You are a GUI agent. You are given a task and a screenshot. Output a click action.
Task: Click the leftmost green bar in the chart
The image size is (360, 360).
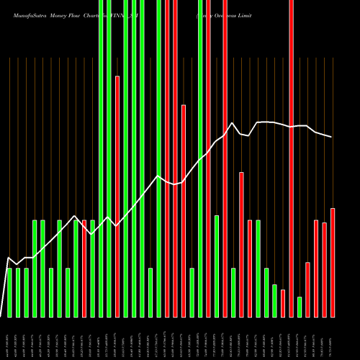[10, 292]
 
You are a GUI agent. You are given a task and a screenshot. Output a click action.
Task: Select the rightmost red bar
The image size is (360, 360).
[333, 262]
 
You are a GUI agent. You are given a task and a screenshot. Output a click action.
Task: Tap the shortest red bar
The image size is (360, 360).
[283, 302]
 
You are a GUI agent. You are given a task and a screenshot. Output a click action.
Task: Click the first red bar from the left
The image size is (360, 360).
[84, 268]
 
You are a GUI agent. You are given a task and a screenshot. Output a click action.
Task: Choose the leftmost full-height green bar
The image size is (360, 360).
[101, 158]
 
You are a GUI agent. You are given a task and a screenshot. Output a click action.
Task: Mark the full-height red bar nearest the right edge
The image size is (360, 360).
[291, 158]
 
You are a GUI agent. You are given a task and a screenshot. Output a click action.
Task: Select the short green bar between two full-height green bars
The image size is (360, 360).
[150, 292]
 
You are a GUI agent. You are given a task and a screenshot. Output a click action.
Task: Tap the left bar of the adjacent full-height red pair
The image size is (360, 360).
[167, 158]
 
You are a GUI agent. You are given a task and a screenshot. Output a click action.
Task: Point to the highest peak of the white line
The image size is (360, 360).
[266, 122]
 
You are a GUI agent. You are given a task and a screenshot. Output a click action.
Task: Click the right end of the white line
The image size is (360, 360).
[332, 137]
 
